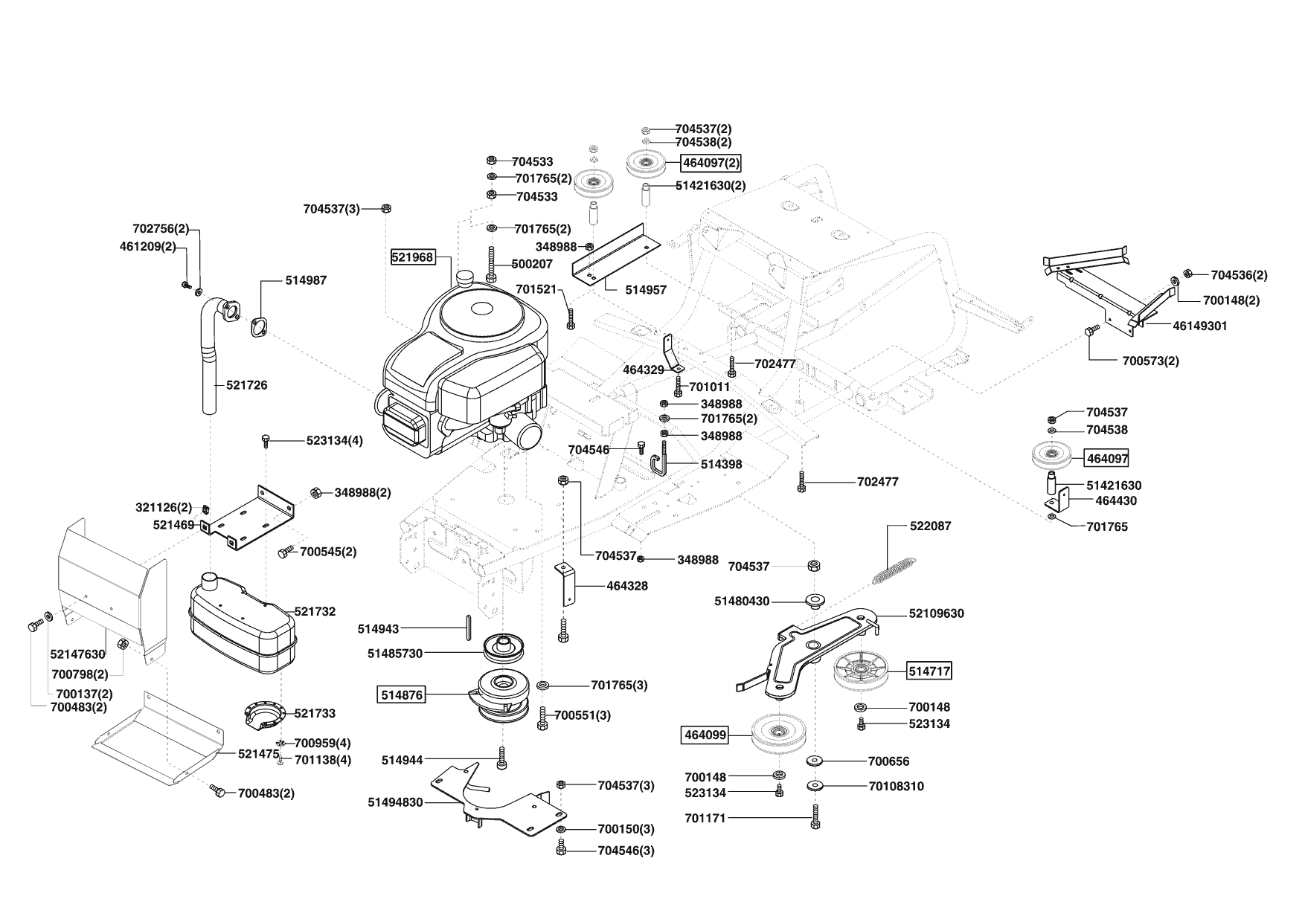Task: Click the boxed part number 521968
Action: coord(413,257)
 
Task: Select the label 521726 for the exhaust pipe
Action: coord(246,385)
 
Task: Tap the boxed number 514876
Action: coord(402,695)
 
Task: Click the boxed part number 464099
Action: coord(705,735)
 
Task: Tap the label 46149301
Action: coord(1200,326)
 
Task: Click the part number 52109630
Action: coord(936,613)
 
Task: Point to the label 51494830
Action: coord(395,802)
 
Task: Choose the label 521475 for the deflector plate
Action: coord(259,753)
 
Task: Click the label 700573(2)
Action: coord(1150,361)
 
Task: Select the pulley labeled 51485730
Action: coord(504,648)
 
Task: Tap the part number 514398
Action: coord(722,464)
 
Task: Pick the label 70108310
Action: coord(897,786)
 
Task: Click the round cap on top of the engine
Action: coord(467,280)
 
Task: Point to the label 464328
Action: coord(627,586)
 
